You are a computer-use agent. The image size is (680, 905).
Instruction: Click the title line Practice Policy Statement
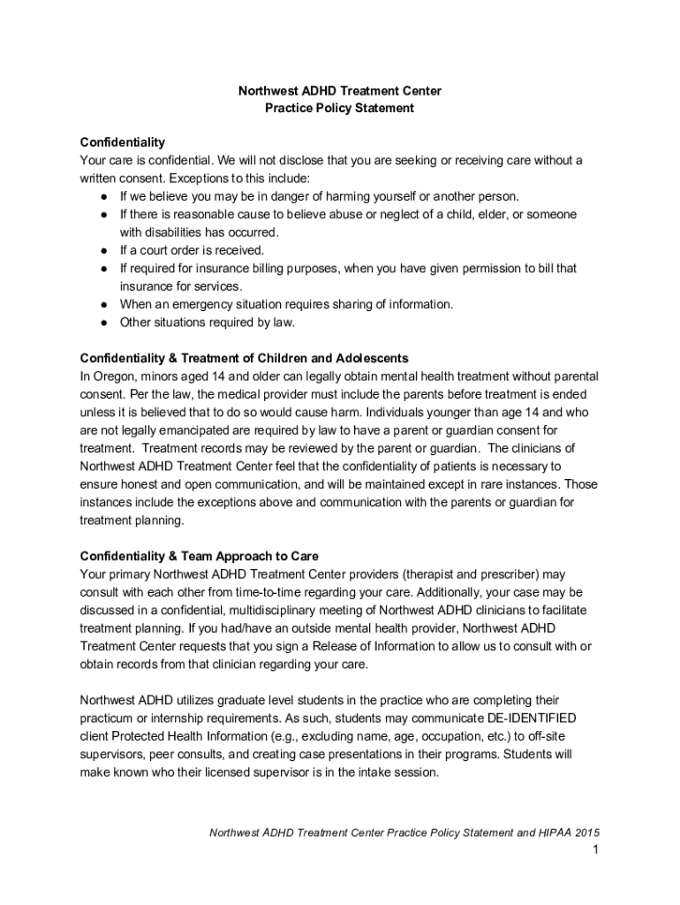[340, 109]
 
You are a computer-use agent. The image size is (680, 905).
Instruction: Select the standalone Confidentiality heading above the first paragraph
[122, 142]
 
